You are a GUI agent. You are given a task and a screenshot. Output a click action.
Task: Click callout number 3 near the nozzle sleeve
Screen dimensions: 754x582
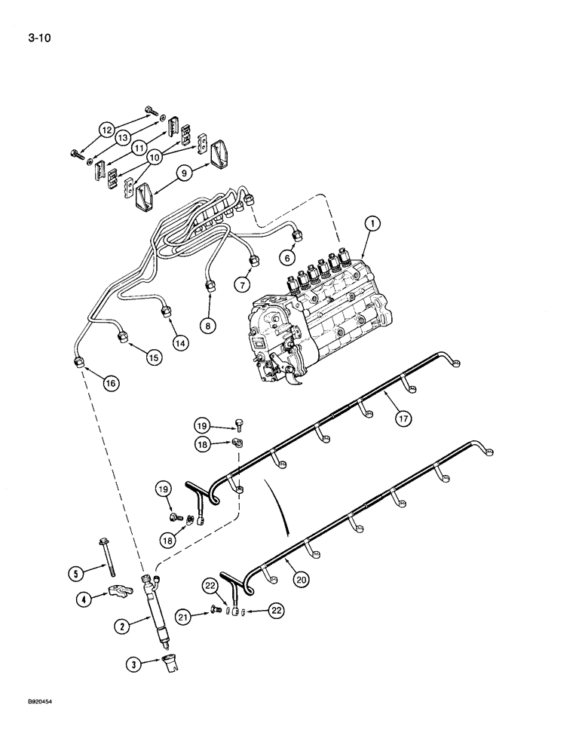pos(133,664)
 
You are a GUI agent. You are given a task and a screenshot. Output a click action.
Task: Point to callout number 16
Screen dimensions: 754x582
pos(111,383)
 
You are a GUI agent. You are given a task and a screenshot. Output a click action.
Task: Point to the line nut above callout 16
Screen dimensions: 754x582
pos(80,363)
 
